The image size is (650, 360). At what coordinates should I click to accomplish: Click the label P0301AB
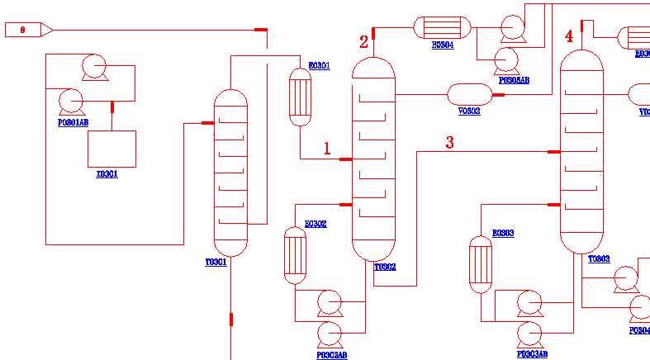(x=73, y=121)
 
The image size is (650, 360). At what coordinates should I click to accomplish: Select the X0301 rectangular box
(x=112, y=149)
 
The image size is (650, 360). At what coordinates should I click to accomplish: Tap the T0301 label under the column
(x=216, y=262)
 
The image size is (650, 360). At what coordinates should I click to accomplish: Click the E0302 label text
(x=316, y=224)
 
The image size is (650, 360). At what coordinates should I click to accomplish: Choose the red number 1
(x=327, y=149)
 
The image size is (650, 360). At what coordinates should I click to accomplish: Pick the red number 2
(x=363, y=42)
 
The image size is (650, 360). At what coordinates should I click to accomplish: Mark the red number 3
(x=449, y=143)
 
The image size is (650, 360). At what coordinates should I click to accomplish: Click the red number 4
(x=569, y=36)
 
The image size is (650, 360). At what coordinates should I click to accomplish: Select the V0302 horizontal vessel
(x=469, y=94)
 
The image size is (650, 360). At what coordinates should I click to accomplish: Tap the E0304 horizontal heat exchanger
(x=442, y=28)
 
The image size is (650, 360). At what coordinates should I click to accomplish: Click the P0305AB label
(x=514, y=80)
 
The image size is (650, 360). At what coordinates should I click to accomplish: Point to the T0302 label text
(x=385, y=267)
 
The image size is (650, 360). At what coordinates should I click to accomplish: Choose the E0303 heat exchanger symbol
(x=481, y=264)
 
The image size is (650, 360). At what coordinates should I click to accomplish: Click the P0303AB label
(x=532, y=354)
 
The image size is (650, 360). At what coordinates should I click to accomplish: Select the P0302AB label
(x=332, y=355)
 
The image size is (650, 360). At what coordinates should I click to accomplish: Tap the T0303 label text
(x=599, y=258)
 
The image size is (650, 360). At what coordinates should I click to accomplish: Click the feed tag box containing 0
(x=22, y=30)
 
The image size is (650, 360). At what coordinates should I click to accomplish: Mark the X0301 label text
(x=107, y=174)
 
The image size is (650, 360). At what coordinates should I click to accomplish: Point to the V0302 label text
(x=469, y=111)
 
